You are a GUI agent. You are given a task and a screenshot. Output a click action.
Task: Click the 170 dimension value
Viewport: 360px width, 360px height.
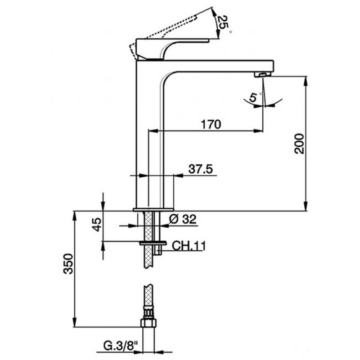211,124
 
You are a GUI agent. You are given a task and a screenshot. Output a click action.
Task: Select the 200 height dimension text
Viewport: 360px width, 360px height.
299,144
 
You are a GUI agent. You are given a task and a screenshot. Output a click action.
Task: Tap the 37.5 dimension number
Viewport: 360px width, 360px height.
201,169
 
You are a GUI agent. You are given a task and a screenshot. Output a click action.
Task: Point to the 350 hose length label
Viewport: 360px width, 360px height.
68,264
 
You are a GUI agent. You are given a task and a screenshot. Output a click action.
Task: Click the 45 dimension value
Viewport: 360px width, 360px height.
97,225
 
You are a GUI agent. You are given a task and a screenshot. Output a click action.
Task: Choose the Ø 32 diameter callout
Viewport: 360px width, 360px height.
183,219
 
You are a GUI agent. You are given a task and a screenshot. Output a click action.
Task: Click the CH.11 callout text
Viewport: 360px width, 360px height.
189,246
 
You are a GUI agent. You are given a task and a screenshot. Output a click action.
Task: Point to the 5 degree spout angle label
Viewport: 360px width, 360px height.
253,97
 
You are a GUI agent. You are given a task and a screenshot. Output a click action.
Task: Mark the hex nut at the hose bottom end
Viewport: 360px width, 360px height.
148,322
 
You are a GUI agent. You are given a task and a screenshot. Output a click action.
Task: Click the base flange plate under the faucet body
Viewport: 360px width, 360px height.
153,209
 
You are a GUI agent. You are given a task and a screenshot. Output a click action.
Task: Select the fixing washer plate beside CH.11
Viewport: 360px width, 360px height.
153,243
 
